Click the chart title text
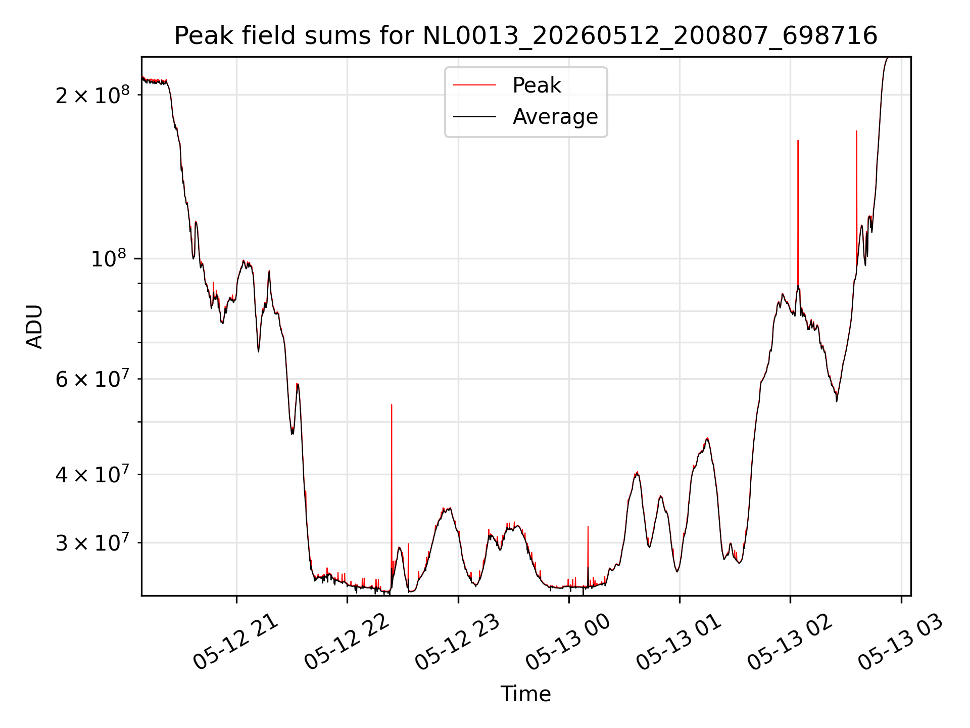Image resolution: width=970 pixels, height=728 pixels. tap(525, 36)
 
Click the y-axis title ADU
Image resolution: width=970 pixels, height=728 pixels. tap(34, 327)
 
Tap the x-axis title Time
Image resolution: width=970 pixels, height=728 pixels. tap(525, 694)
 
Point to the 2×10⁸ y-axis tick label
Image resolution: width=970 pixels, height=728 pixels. tap(92, 95)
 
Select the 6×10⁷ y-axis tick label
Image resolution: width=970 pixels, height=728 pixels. tap(92, 379)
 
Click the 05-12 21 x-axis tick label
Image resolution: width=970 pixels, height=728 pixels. tap(236, 642)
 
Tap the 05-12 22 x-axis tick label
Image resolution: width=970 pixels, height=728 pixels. tap(347, 642)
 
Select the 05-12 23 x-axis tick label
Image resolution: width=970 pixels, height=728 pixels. tap(458, 642)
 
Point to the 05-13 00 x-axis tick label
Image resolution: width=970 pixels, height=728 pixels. tap(568, 642)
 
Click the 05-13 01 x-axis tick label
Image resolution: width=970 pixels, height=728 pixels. tap(679, 642)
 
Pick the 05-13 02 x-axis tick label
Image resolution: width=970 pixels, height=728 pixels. tap(790, 642)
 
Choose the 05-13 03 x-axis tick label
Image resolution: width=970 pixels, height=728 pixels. tap(901, 642)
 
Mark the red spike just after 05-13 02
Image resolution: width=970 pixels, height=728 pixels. tap(798, 212)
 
